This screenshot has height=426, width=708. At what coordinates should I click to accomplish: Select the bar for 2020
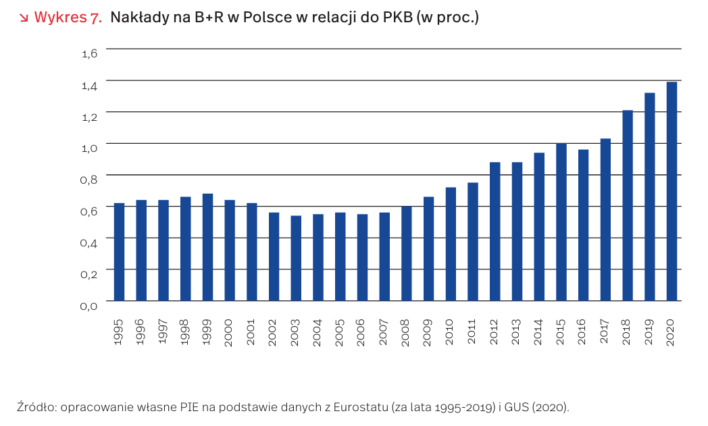point(672,191)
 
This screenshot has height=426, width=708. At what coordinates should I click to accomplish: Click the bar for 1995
point(119,252)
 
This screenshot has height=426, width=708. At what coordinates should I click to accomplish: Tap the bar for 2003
point(296,258)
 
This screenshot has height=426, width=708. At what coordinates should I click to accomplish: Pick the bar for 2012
point(495,232)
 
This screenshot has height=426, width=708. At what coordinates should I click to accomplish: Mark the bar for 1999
point(207,247)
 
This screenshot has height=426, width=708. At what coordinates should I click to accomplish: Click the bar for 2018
point(628,205)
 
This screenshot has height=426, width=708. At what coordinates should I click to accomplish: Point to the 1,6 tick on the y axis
point(90,53)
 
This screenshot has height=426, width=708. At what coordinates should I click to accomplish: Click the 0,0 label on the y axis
point(90,306)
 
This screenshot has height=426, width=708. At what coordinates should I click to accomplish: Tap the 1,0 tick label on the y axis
point(90,148)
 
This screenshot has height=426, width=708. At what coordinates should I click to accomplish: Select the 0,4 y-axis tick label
point(90,242)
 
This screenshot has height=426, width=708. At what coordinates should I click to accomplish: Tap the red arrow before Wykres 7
point(24,18)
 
